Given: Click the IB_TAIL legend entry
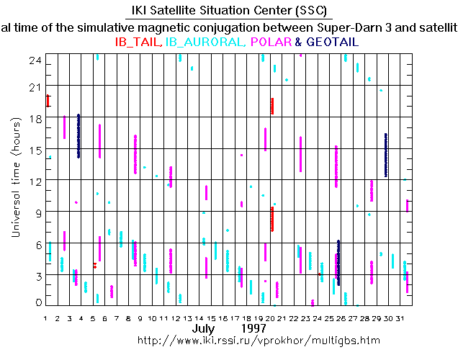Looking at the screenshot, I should point(138,42).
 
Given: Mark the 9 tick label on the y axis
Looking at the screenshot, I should point(36,212).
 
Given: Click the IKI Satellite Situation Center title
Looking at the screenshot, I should point(229,11).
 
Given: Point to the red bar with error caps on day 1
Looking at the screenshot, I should point(48,101).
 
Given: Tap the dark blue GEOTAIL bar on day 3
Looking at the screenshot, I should point(78,135).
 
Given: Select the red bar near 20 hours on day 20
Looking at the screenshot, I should point(272,106).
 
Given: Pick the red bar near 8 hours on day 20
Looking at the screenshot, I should point(272,219).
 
